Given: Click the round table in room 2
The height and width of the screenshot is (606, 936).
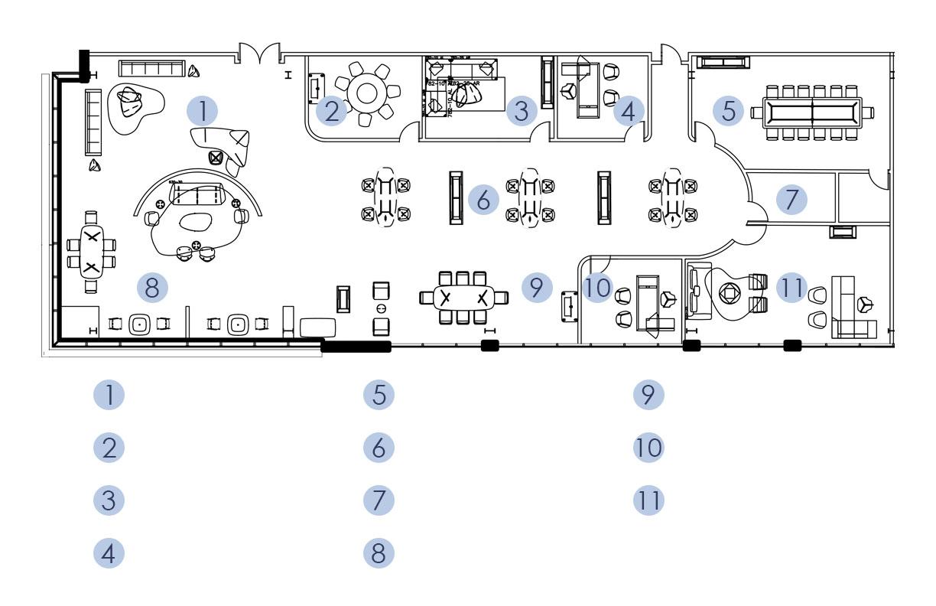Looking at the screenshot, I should tap(368, 93).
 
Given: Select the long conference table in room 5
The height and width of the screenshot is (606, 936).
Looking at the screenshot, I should tap(811, 112).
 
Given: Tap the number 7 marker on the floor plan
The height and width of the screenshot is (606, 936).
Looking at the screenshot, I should tap(791, 200).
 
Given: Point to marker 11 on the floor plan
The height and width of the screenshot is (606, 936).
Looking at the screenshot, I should tap(791, 288).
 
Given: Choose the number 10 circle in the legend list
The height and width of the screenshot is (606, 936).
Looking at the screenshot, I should tap(648, 448).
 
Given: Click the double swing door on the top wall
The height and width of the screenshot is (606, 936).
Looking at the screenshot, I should tap(260, 55).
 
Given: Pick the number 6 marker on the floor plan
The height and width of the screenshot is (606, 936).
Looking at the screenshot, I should tap(483, 200).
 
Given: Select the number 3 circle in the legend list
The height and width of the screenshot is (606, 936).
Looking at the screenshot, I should tap(109, 500).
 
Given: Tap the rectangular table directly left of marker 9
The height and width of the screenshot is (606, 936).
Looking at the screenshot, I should tap(463, 297).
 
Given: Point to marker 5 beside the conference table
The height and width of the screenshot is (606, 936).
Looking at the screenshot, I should tap(729, 110).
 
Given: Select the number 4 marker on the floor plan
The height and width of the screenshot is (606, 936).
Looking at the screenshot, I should tap(628, 112).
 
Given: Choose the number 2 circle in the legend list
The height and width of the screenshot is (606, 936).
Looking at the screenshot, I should tap(109, 448).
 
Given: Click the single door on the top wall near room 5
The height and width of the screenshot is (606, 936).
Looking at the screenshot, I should tap(671, 55).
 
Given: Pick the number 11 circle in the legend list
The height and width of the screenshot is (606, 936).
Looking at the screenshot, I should tap(648, 500).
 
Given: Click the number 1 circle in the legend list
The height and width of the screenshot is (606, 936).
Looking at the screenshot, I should tap(109, 395).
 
